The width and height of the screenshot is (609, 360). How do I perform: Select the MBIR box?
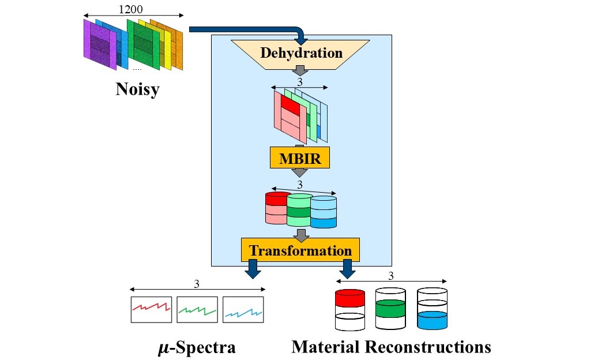(x=300, y=157)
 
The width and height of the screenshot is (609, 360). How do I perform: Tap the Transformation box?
(x=300, y=250)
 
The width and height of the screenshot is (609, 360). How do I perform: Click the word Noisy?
(x=137, y=89)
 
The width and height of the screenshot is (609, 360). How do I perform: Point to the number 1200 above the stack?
(x=130, y=9)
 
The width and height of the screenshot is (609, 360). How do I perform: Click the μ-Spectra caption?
(x=197, y=347)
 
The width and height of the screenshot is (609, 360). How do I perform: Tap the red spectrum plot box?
(x=151, y=309)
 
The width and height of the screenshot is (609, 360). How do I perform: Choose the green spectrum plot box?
(x=197, y=309)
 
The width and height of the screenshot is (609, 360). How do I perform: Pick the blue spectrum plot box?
(x=243, y=309)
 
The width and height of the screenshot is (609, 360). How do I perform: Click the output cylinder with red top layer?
(x=350, y=309)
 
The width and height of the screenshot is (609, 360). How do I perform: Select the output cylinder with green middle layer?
(x=391, y=309)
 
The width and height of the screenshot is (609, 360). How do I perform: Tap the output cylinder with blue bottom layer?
(x=432, y=309)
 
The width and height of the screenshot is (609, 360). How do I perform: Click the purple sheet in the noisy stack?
(x=100, y=44)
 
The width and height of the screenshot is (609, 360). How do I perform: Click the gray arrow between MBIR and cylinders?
(x=299, y=172)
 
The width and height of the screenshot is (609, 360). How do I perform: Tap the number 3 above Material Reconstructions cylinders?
(x=391, y=276)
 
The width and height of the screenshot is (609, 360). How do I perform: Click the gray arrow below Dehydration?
(x=300, y=71)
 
